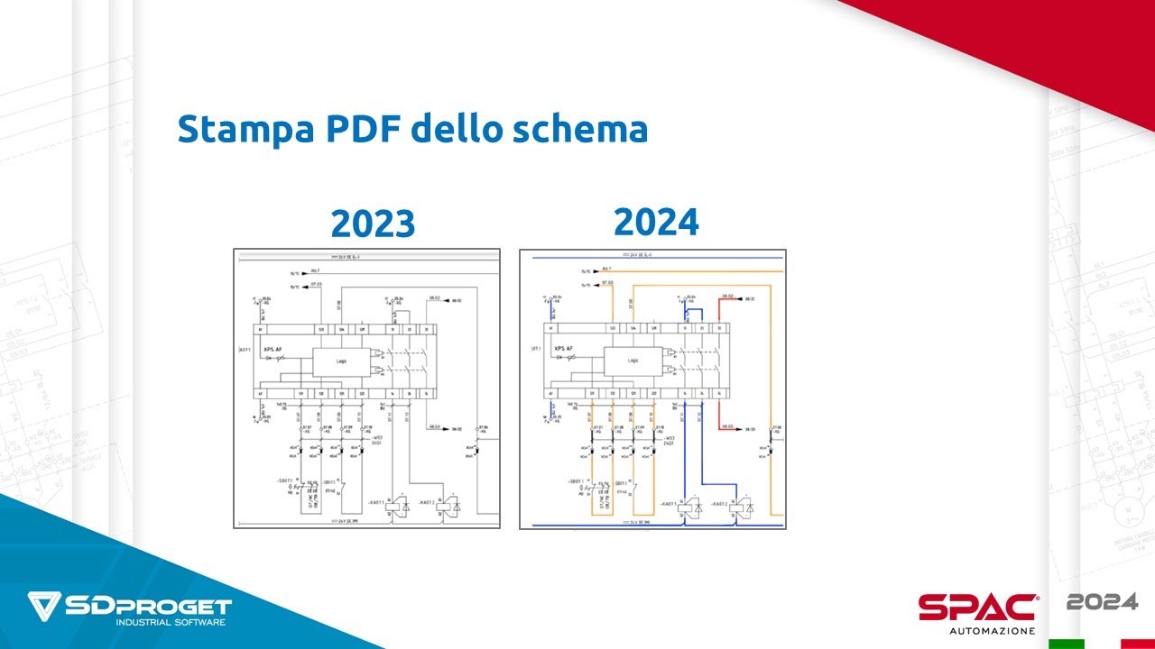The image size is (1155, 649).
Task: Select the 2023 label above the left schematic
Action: click(373, 223)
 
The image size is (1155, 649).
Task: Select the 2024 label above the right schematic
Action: click(656, 221)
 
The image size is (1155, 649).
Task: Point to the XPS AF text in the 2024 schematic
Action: click(564, 349)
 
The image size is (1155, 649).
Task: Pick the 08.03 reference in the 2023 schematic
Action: click(434, 428)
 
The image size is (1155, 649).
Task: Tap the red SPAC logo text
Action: click(977, 607)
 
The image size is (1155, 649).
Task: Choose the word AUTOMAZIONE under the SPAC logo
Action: click(991, 630)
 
